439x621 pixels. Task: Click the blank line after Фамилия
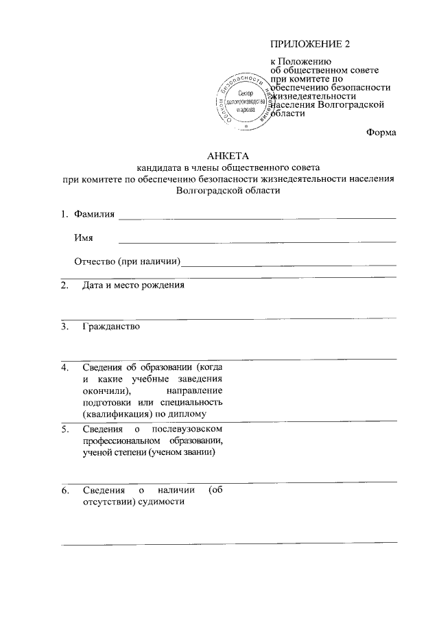pyautogui.click(x=257, y=218)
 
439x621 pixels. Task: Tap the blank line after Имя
pyautogui.click(x=257, y=242)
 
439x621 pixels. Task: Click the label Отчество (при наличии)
pyautogui.click(x=127, y=261)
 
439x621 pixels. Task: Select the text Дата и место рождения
pyautogui.click(x=133, y=285)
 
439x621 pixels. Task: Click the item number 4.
pyautogui.click(x=64, y=367)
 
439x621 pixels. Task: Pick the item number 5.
pyautogui.click(x=64, y=430)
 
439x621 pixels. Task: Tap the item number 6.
pyautogui.click(x=64, y=491)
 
